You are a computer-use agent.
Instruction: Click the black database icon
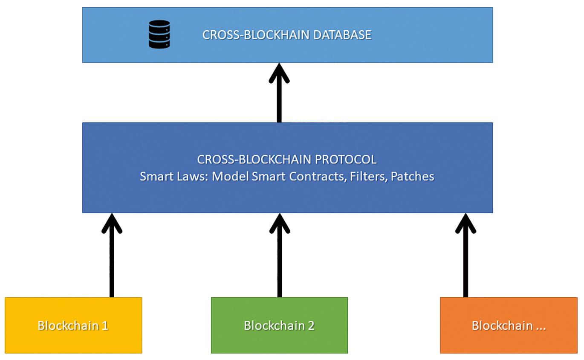[159, 35]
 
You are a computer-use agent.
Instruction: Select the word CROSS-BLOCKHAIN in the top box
[256, 35]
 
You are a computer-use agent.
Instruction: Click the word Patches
[412, 176]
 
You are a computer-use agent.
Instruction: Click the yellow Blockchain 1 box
[73, 325]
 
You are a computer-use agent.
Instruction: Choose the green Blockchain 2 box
[279, 325]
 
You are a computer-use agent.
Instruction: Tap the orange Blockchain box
[509, 325]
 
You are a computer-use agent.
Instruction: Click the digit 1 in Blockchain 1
[104, 326]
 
